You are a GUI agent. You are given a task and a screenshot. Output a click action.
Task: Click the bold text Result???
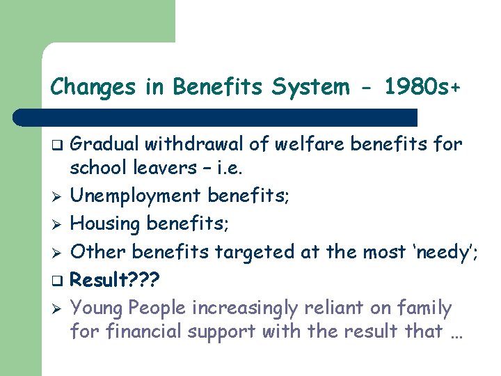pyautogui.click(x=116, y=280)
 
